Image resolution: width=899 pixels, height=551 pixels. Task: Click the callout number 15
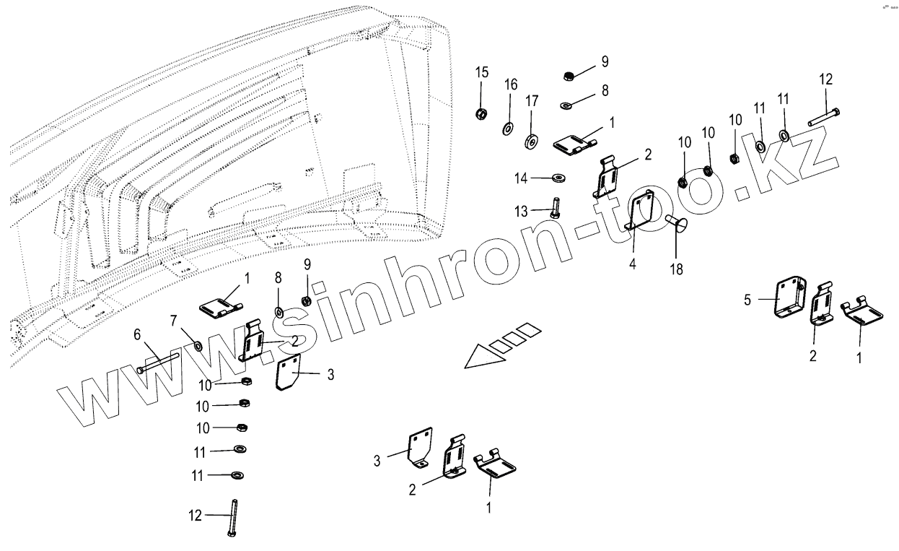(x=481, y=72)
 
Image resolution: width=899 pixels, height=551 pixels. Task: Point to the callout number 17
(x=532, y=101)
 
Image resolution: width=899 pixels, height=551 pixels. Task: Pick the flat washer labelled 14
(x=558, y=177)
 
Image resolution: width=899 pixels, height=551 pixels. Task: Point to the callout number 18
(x=676, y=269)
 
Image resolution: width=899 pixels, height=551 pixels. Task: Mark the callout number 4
(x=632, y=263)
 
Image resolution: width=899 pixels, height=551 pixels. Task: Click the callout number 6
(x=138, y=335)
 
